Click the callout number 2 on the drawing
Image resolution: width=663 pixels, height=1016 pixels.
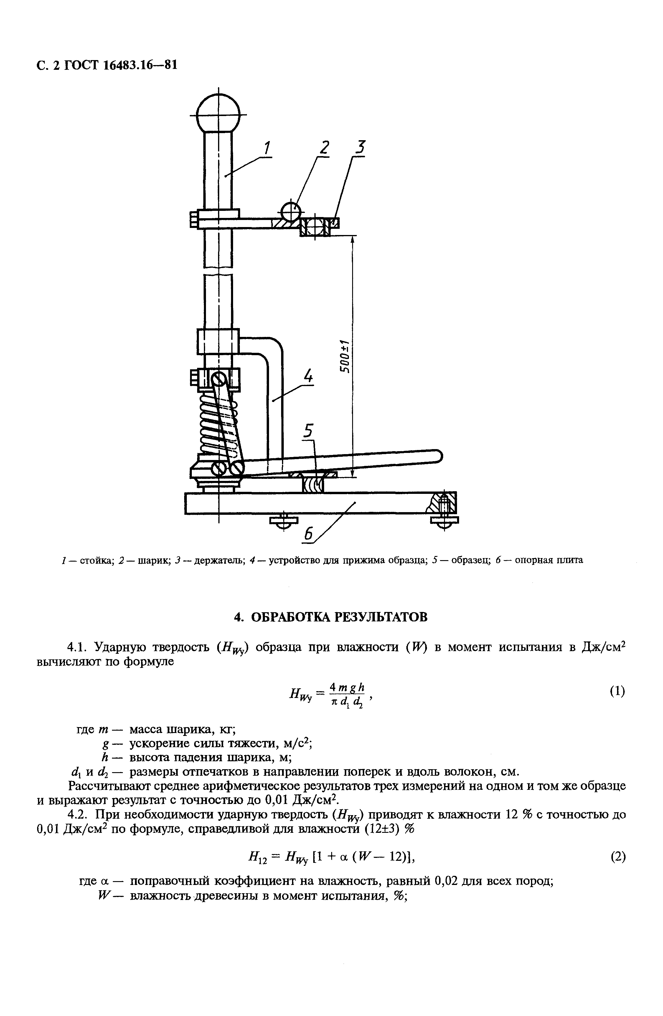pos(324,148)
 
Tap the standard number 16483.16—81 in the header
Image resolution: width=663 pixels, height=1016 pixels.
pos(140,65)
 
